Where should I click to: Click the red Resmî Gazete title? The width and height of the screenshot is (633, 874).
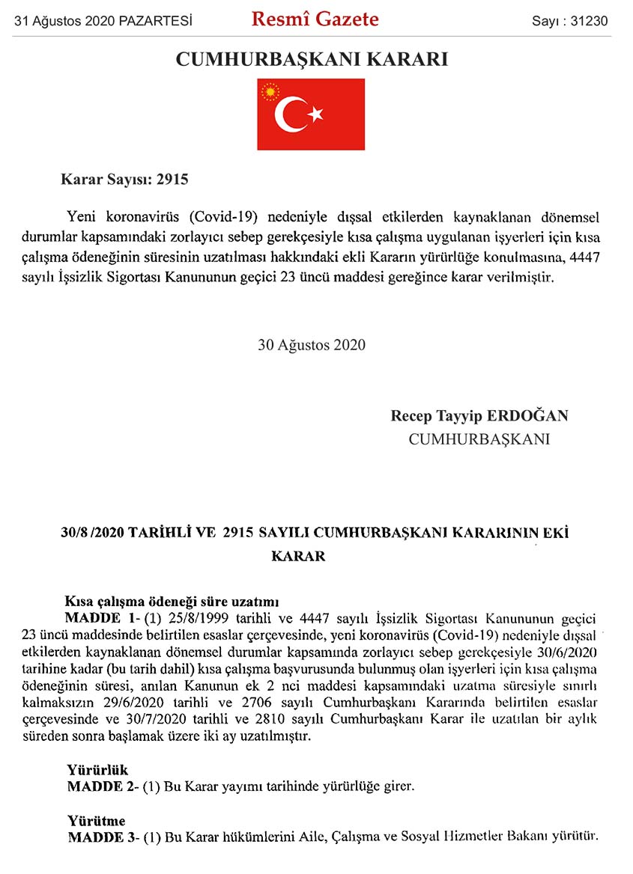[x=315, y=19]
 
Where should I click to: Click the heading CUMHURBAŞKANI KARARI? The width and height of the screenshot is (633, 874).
[x=312, y=59]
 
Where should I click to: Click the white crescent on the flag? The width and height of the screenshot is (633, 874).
[x=291, y=114]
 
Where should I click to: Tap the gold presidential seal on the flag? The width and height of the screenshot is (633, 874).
[x=269, y=93]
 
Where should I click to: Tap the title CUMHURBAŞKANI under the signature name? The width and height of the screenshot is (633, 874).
[x=479, y=439]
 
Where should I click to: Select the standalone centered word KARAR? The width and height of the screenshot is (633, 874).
[x=298, y=556]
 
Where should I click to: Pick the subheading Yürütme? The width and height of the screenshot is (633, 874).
[x=96, y=820]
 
